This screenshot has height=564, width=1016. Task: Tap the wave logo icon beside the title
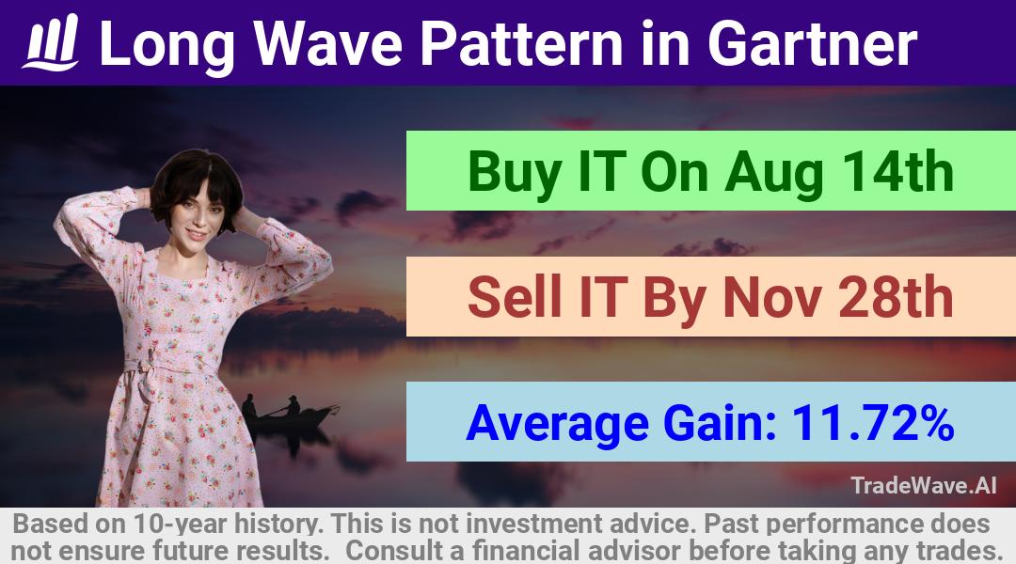51,42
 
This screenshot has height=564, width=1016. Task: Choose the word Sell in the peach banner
515,297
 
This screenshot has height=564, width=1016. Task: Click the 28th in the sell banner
896,297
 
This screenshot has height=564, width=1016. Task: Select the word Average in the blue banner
557,423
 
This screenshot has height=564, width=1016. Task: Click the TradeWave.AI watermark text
924,485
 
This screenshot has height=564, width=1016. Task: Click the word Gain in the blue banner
721,423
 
